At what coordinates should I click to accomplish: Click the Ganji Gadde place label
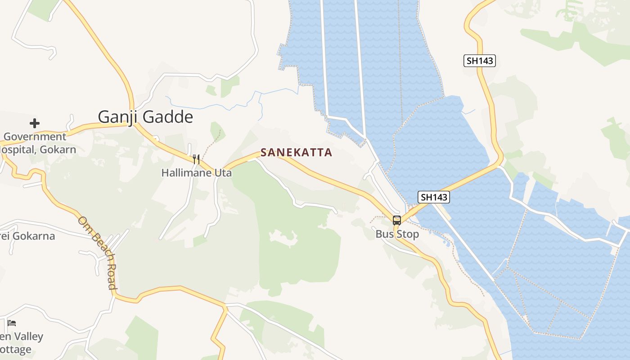tap(145, 117)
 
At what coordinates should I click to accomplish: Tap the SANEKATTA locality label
tap(296, 153)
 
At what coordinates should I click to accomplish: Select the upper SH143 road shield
tap(480, 61)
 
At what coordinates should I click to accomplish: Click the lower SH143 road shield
tap(434, 197)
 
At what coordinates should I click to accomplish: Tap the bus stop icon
tap(396, 220)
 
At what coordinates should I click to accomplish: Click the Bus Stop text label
tap(397, 234)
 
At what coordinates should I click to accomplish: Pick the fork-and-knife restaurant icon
tap(196, 159)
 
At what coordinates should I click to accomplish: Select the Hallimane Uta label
tap(196, 172)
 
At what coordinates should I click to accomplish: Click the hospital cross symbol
tap(35, 123)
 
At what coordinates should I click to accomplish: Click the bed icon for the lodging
tap(12, 323)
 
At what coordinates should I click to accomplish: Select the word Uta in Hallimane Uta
tap(223, 172)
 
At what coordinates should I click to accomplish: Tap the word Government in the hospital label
tap(35, 137)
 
